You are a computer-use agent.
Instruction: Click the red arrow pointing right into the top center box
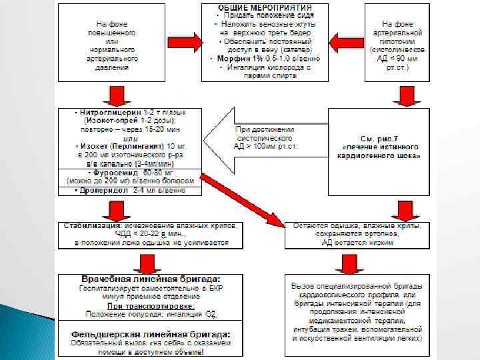[189, 42]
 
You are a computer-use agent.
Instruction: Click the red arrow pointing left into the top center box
[346, 43]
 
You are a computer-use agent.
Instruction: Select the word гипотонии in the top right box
[400, 40]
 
